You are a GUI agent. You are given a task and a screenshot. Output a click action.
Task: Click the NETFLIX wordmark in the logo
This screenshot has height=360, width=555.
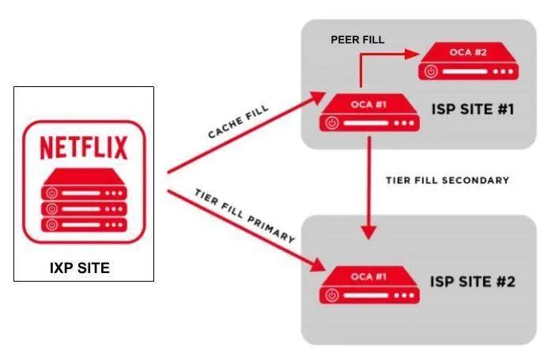pyautogui.click(x=83, y=148)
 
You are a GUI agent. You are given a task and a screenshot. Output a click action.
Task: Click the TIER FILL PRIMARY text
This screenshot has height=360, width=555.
pyautogui.click(x=245, y=216)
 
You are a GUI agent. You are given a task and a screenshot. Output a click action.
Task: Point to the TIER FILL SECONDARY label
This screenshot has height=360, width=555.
pyautogui.click(x=447, y=180)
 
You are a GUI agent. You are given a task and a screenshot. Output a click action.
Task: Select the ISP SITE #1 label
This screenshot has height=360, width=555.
pyautogui.click(x=473, y=108)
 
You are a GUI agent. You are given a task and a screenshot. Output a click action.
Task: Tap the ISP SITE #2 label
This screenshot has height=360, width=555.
pyautogui.click(x=473, y=282)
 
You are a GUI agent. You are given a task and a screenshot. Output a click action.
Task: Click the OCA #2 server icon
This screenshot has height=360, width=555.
pyautogui.click(x=467, y=63)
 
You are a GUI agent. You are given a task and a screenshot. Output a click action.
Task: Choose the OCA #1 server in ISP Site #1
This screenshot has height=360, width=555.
pyautogui.click(x=369, y=114)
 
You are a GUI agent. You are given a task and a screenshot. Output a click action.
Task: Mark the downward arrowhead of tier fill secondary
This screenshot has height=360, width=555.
pyautogui.click(x=368, y=232)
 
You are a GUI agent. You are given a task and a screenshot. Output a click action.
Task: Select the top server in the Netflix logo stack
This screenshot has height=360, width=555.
pyautogui.click(x=83, y=191)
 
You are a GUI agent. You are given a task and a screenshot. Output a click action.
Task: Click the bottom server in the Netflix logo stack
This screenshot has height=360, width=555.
pyautogui.click(x=83, y=225)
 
